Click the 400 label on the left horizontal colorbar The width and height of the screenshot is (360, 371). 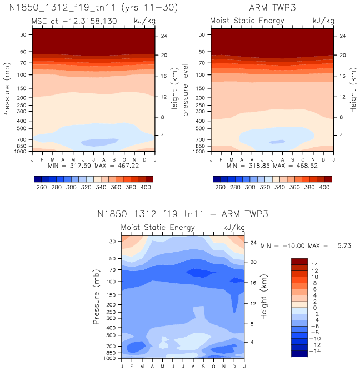click(146, 188)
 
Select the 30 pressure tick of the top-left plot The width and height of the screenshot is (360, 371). click(24, 34)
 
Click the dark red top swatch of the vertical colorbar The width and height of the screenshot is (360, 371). click(299, 262)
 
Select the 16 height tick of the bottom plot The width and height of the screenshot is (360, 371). click(253, 283)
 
